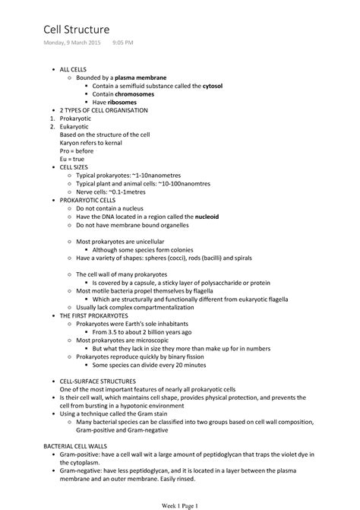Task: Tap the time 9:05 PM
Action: pos(122,43)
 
